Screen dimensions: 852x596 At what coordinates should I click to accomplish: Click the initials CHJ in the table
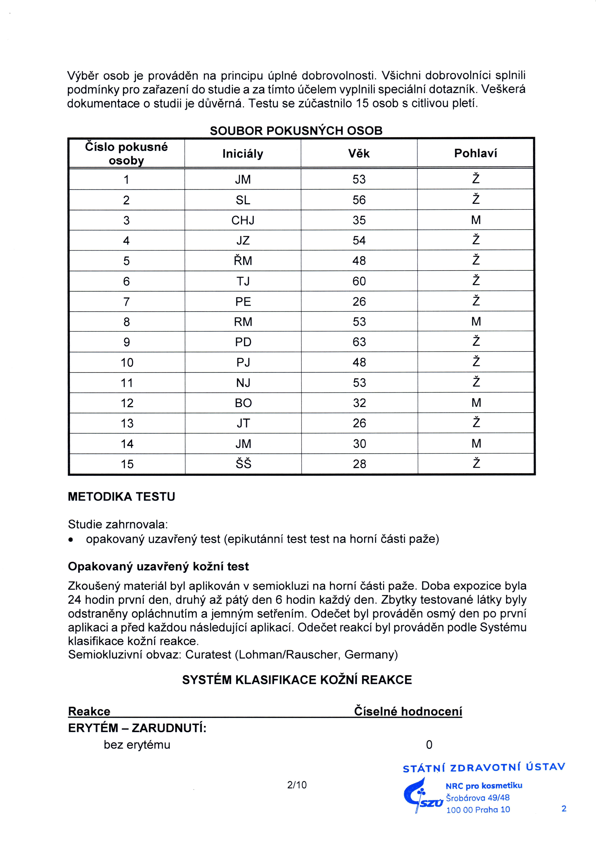[243, 220]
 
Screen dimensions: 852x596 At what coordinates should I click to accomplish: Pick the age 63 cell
[359, 342]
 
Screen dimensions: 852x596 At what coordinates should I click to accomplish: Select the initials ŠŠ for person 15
[243, 464]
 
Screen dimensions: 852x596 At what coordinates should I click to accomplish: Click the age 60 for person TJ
[359, 281]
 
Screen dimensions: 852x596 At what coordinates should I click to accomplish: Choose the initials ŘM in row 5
[243, 261]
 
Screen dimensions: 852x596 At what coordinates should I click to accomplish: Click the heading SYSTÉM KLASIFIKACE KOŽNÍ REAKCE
[297, 680]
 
